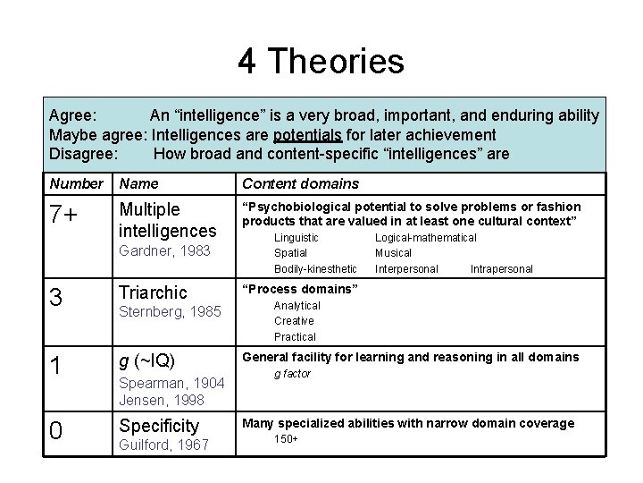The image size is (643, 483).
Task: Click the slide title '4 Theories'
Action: click(321, 62)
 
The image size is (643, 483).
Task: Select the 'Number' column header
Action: click(77, 184)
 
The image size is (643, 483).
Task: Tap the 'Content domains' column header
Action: click(300, 184)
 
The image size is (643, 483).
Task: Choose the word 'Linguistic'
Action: click(296, 237)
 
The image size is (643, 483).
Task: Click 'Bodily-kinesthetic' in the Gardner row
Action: click(315, 268)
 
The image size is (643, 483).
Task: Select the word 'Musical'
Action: click(394, 253)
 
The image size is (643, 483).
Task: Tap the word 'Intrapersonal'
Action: click(501, 268)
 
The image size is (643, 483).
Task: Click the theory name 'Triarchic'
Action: click(153, 292)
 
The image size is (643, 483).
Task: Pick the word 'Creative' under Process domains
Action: click(294, 321)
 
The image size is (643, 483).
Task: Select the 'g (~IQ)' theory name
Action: click(146, 361)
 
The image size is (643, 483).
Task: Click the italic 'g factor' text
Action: click(292, 374)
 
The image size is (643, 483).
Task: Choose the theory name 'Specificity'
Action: click(158, 426)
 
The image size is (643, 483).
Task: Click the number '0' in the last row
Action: click(55, 431)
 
